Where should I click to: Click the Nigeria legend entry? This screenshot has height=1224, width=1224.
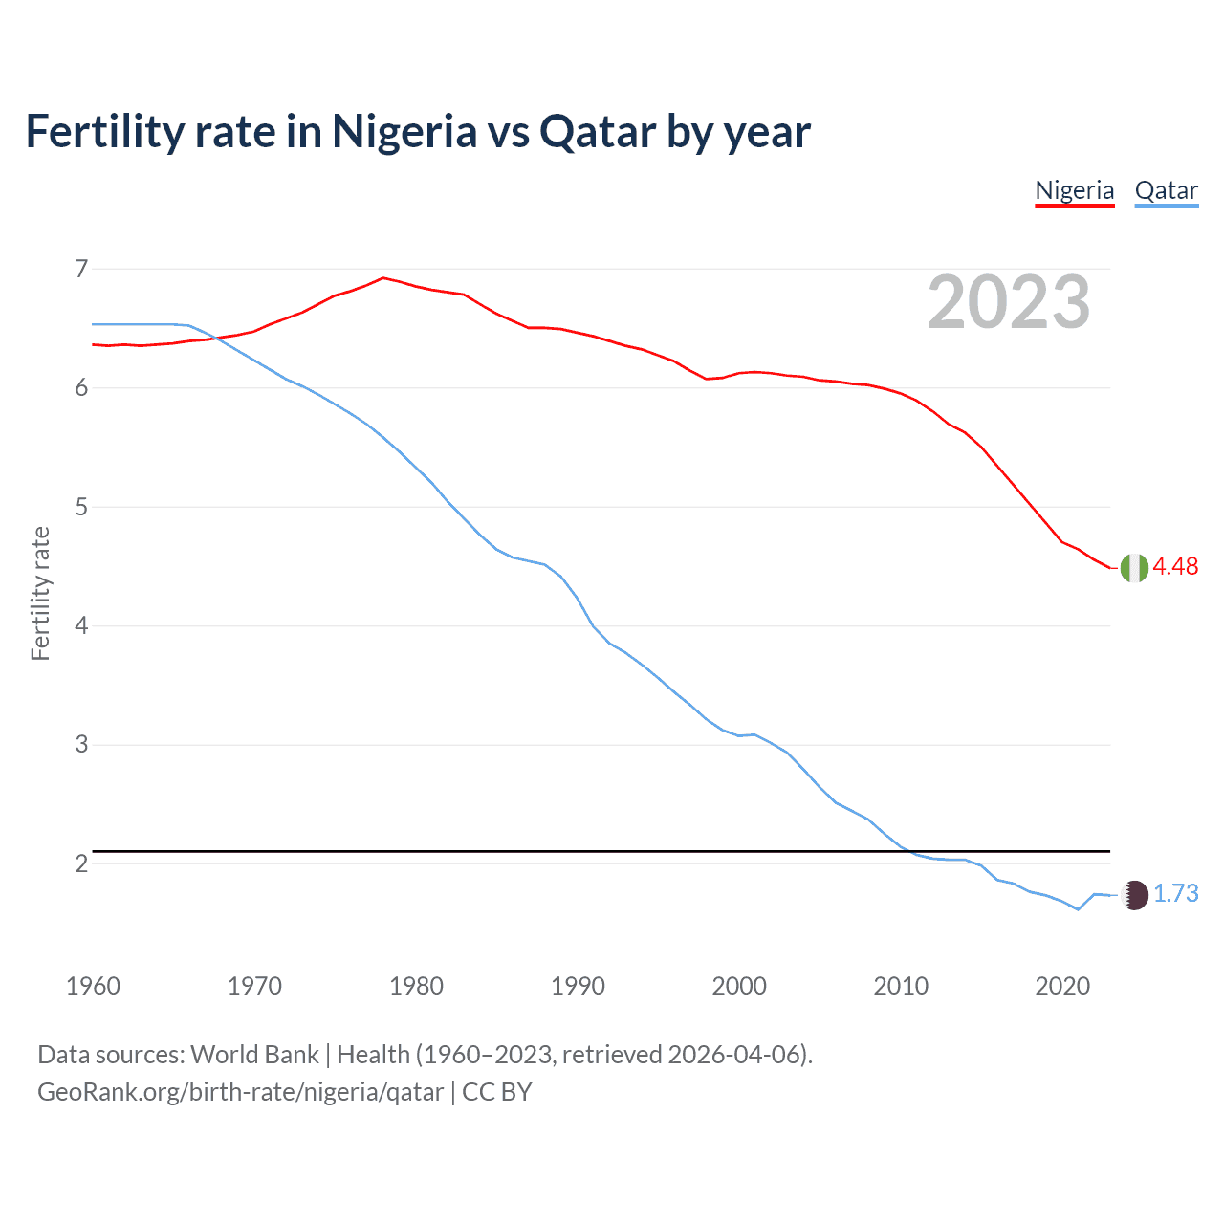pyautogui.click(x=1074, y=190)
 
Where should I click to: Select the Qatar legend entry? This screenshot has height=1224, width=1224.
pyautogui.click(x=1166, y=190)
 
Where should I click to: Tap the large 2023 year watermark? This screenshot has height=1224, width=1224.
pyautogui.click(x=1008, y=302)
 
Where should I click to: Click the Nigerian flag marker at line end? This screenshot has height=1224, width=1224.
pyautogui.click(x=1134, y=567)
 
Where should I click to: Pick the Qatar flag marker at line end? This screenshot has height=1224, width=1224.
pyautogui.click(x=1134, y=894)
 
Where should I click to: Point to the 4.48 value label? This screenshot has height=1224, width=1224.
pyautogui.click(x=1175, y=566)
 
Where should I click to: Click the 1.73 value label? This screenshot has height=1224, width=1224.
pyautogui.click(x=1175, y=893)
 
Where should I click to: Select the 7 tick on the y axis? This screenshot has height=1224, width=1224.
pyautogui.click(x=81, y=269)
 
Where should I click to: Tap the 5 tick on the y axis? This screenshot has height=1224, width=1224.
pyautogui.click(x=81, y=507)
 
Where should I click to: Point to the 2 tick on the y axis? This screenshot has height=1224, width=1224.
pyautogui.click(x=81, y=863)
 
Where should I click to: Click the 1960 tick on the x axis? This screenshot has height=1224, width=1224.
pyautogui.click(x=93, y=986)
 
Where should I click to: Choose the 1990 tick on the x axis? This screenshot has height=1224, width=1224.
pyautogui.click(x=578, y=986)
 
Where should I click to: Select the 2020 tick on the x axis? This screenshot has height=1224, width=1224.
pyautogui.click(x=1062, y=986)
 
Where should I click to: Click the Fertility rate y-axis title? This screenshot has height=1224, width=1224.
pyautogui.click(x=40, y=593)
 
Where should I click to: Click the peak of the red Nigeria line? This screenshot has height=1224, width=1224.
pyautogui.click(x=383, y=278)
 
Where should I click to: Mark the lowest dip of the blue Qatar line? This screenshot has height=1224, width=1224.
pyautogui.click(x=1078, y=909)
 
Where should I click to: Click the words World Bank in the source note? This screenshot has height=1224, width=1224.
pyautogui.click(x=254, y=1055)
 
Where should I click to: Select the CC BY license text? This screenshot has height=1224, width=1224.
pyautogui.click(x=496, y=1092)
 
